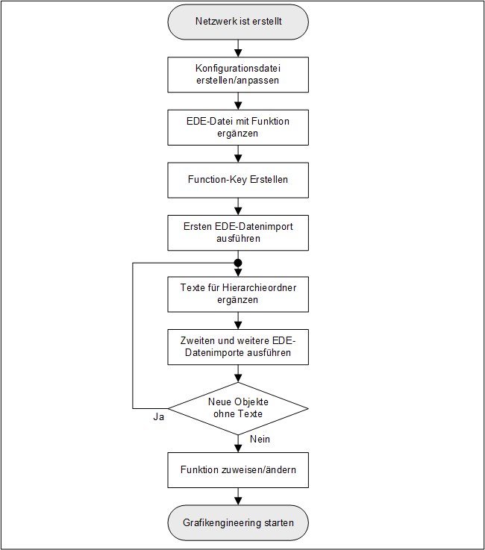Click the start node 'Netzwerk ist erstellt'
pos(238,22)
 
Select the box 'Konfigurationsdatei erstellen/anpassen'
pos(238,74)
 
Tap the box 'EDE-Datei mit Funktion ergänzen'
pos(238,127)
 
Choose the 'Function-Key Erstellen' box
pos(238,180)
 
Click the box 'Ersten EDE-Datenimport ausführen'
pos(238,233)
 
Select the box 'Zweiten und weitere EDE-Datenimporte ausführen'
pos(238,347)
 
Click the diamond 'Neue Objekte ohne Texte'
pos(238,408)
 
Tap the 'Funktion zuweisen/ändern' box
pos(238,470)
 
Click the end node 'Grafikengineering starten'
pos(238,522)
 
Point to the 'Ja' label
pos(158,417)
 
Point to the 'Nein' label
pos(260,439)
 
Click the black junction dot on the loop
pos(238,263)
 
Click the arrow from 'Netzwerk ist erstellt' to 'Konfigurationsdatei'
pos(238,49)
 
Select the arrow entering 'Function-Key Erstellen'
pos(238,154)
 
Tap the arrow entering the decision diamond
pos(238,374)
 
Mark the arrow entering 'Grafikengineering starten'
pos(238,497)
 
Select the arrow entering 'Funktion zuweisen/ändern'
pos(238,444)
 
